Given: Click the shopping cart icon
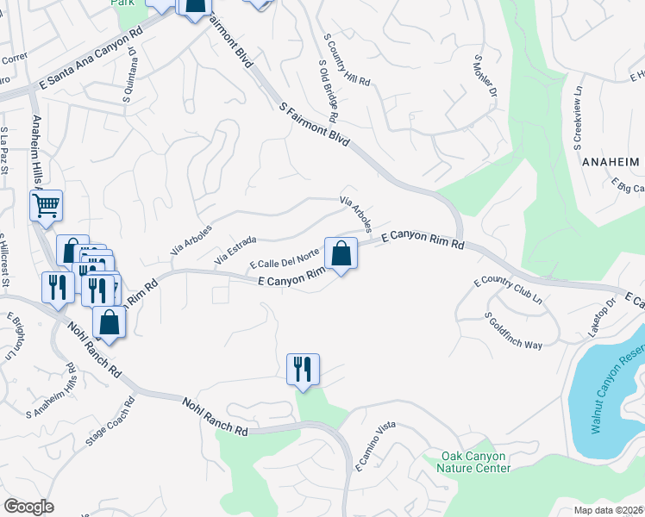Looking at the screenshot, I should coord(46,206).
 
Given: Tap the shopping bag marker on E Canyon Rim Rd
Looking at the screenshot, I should coord(341,253).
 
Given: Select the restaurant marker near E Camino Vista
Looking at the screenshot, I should coord(303,369).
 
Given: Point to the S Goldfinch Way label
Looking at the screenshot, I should coord(513,331).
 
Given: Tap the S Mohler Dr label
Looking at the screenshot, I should coord(485,76).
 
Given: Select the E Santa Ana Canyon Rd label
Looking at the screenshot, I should coord(90,59).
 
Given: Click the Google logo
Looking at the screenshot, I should coord(28,507).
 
